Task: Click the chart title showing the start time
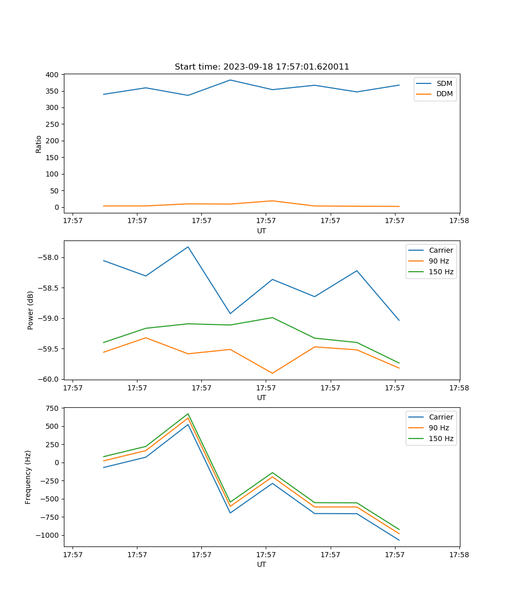262,67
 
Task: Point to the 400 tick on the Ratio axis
52,75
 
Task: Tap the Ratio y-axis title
39,144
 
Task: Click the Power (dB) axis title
31,310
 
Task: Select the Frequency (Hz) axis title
28,477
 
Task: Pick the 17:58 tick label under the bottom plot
459,554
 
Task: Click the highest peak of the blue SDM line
230,80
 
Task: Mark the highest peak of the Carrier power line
188,247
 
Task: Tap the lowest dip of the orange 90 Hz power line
272,373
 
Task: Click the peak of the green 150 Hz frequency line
188,413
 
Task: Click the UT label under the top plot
262,231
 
